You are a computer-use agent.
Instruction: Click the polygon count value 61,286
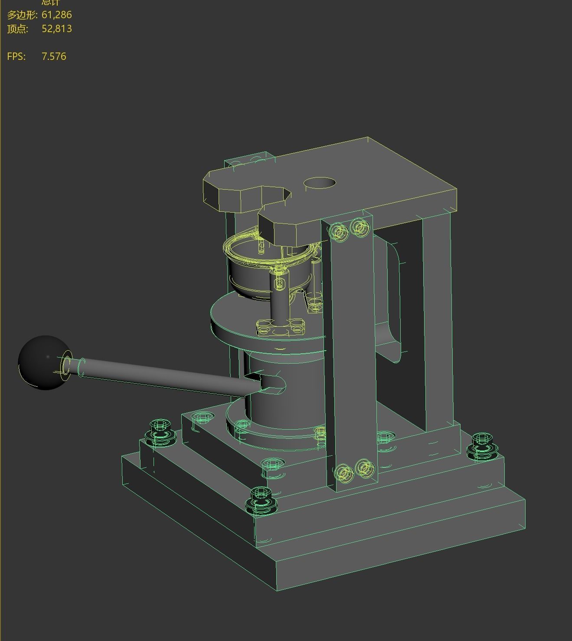point(56,15)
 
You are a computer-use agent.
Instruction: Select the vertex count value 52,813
point(56,29)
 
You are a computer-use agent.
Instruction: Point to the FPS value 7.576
point(54,56)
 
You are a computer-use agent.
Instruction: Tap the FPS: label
point(16,56)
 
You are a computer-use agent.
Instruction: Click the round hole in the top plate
point(320,183)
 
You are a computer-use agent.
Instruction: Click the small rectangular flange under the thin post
point(280,328)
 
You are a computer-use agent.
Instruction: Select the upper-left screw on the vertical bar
point(339,232)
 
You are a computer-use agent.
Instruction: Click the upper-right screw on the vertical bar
point(360,227)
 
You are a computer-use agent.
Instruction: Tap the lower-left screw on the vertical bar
point(344,473)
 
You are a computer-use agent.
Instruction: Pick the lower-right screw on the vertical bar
point(365,468)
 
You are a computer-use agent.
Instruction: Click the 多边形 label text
point(22,15)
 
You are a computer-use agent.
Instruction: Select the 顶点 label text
point(17,29)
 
